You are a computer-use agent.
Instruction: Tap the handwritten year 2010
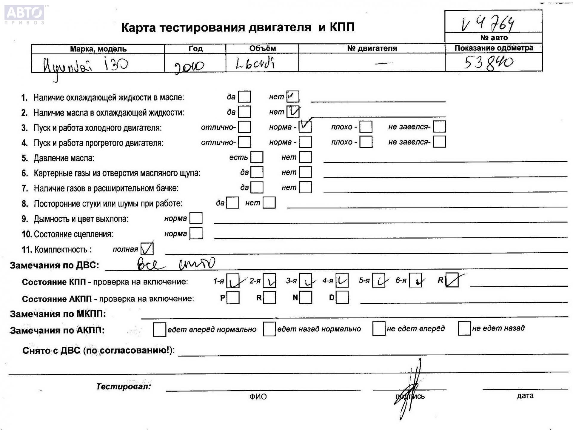tap(189, 66)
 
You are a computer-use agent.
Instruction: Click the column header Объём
tap(262, 48)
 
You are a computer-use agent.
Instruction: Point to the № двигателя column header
tap(372, 48)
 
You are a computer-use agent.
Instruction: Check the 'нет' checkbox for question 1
tap(292, 96)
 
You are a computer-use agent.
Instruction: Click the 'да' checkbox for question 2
tap(245, 112)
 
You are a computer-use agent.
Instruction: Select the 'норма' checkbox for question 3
tap(305, 127)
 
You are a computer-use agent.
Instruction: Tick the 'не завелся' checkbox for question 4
tap(439, 142)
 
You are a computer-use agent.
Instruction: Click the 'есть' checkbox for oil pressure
tap(257, 157)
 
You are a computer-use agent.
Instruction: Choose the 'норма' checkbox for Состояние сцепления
tap(196, 233)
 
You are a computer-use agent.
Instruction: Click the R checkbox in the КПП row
tap(452, 280)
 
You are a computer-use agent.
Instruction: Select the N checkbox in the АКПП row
tap(306, 297)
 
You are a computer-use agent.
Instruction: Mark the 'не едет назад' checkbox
tap(464, 328)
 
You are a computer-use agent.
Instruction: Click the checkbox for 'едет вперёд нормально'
tap(159, 330)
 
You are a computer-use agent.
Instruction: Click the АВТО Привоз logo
tap(24, 14)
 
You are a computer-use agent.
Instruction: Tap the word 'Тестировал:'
tap(123, 386)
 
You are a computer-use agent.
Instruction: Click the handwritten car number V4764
tap(488, 24)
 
